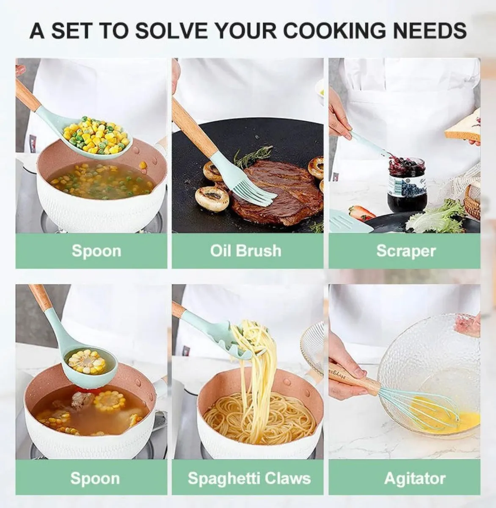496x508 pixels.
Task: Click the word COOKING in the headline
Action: tap(334, 31)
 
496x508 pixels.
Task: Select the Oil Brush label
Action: tap(246, 251)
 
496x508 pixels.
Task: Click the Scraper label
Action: tap(406, 251)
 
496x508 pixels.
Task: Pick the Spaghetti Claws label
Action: tap(249, 478)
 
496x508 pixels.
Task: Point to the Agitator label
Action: tap(415, 478)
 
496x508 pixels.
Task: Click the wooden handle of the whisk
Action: tap(354, 378)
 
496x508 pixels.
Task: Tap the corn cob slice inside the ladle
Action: tap(87, 362)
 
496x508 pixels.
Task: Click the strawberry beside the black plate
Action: tap(363, 213)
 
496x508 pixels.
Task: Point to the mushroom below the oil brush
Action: tap(212, 199)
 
